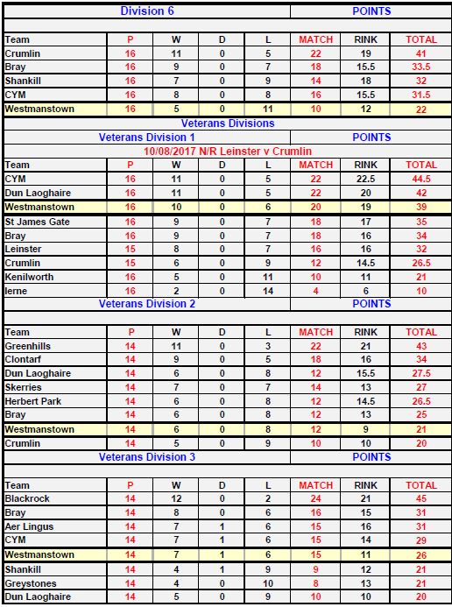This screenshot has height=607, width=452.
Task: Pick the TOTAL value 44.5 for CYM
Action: pos(421,179)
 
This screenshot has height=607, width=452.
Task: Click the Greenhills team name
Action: pos(28,346)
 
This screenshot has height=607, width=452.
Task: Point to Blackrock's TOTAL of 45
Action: pos(421,498)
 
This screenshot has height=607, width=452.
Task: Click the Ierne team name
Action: pos(17,290)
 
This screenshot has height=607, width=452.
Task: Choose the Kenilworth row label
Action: pos(29,277)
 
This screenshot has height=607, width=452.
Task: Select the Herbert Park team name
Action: pos(33,401)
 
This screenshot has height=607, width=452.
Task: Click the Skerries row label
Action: pos(25,387)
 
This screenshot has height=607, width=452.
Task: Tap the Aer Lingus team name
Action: pos(30,526)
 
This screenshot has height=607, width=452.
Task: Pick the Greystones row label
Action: pos(30,582)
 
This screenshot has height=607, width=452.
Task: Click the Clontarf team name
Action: pos(25,359)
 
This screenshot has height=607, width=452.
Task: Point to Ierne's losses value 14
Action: pos(268,290)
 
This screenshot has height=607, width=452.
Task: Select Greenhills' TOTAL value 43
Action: pos(421,346)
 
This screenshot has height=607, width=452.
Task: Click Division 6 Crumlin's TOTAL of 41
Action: pos(421,53)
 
